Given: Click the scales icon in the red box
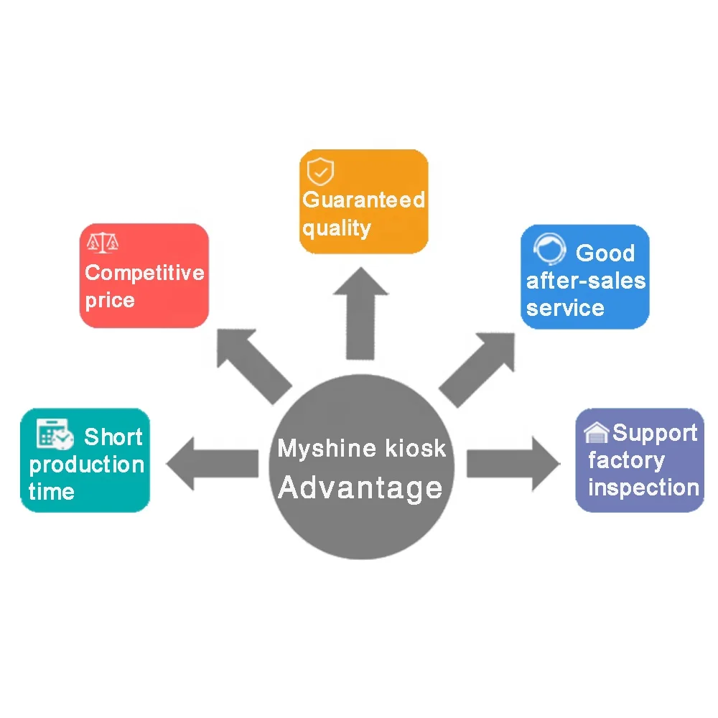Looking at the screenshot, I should coord(102,243).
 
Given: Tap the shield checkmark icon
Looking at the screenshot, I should coord(320,172).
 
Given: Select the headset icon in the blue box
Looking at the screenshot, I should coord(549,250).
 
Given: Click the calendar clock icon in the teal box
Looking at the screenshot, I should coord(55,434).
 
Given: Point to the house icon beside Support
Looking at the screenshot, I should coord(597,432).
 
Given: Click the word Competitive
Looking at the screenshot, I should coord(144,273).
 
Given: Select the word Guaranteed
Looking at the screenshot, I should coord(363,200).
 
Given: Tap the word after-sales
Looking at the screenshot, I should coord(586,281).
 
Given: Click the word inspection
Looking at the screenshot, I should coord(643,488).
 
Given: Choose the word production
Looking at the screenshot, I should coord(87,465).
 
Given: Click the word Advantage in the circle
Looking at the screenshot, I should coord(360,488).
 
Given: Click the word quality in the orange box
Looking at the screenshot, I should coord(336,228).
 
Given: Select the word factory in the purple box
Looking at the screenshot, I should coord(626,460).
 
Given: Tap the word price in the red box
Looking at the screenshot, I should coord(110,300).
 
